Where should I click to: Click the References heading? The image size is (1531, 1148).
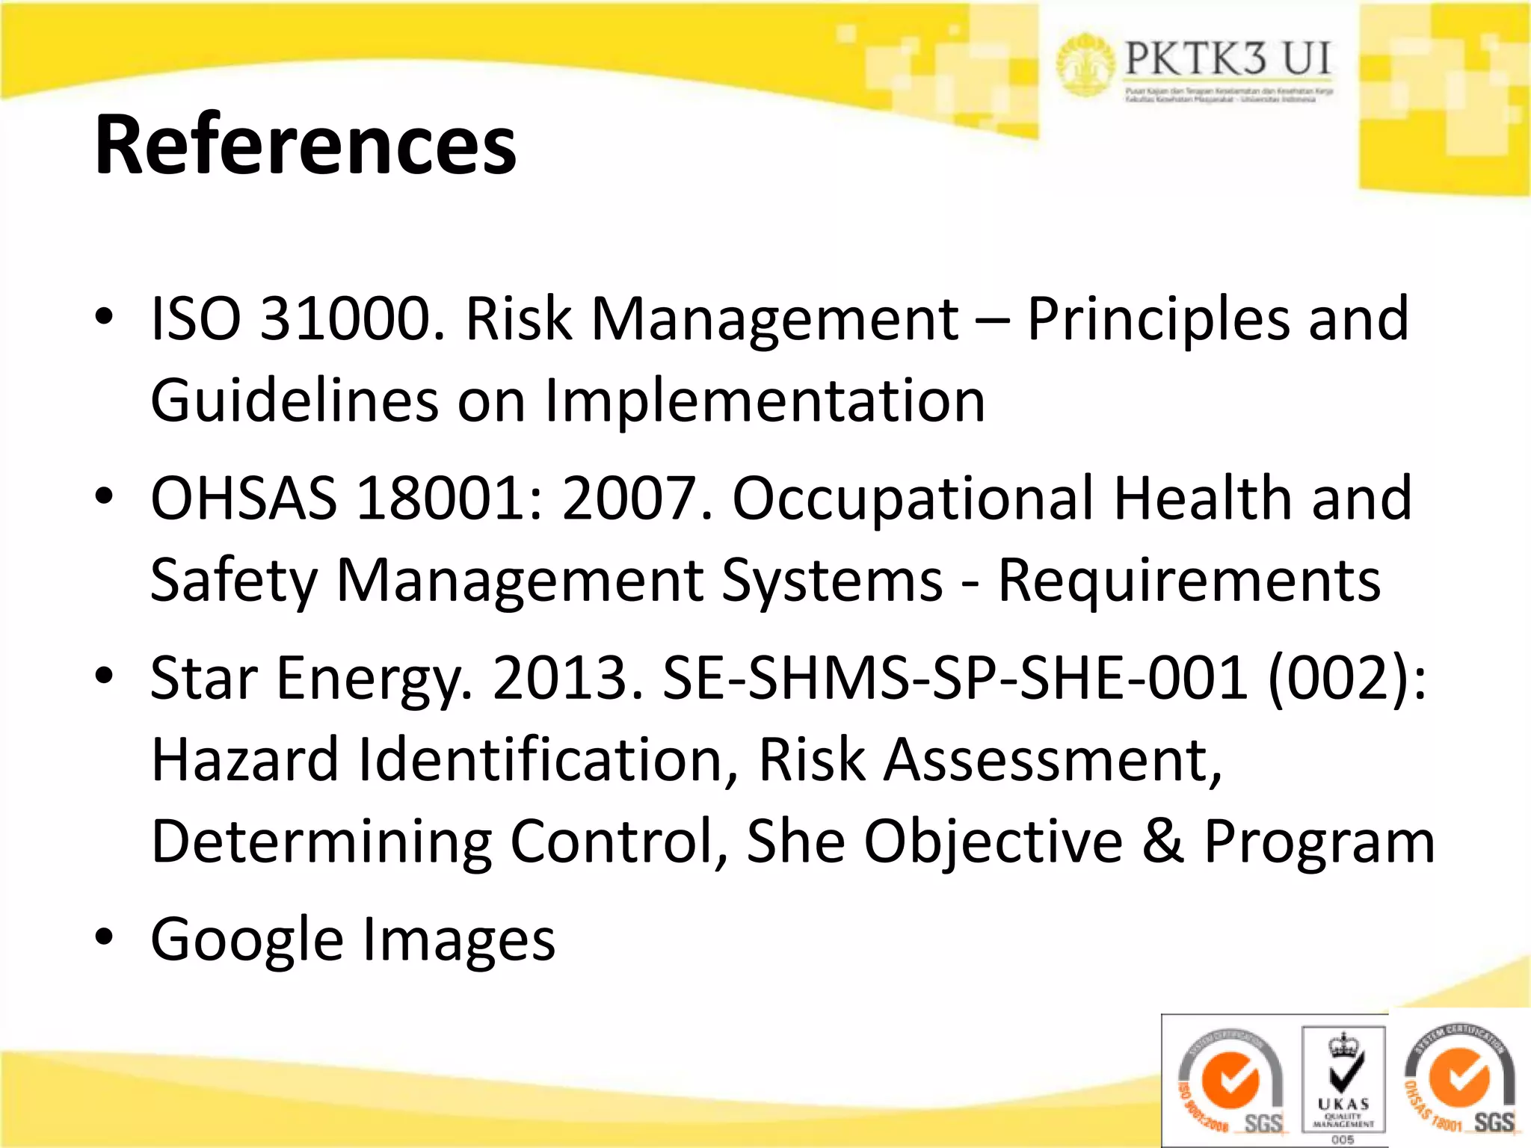click(x=305, y=144)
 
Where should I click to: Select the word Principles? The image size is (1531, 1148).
click(x=1156, y=319)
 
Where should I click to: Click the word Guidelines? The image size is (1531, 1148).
click(x=295, y=401)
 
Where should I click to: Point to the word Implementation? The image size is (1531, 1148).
click(x=765, y=401)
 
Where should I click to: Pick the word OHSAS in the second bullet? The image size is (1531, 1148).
click(x=244, y=499)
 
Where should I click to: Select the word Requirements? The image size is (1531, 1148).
click(x=1189, y=581)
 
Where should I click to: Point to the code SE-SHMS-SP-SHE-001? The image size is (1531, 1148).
click(x=955, y=678)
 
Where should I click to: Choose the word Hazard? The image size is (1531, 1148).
click(x=245, y=759)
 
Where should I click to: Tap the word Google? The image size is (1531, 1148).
click(x=247, y=940)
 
